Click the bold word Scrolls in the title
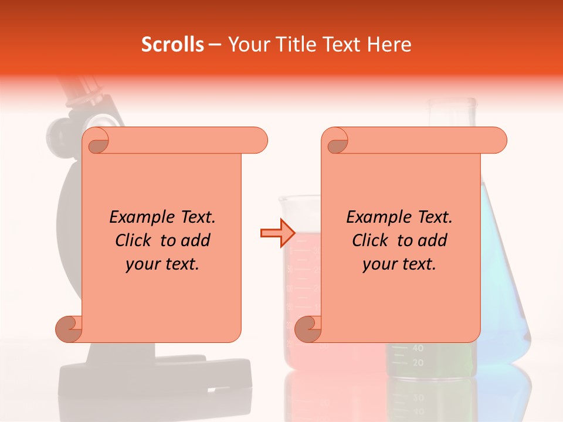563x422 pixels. [172, 45]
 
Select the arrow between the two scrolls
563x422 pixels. [277, 233]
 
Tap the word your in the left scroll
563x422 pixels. [140, 264]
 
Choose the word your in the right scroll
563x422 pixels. [377, 264]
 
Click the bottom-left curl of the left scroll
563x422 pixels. [69, 329]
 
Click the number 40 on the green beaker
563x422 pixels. [418, 348]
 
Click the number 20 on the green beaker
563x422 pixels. [418, 363]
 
